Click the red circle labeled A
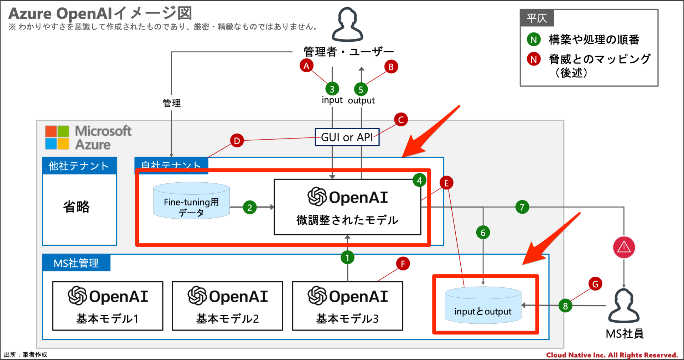pos(306,66)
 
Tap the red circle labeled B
pos(391,67)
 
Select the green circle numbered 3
pos(332,89)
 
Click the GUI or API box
pos(347,137)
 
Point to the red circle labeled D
pos(237,141)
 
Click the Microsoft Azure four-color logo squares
pos(57,137)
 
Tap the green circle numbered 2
pos(250,207)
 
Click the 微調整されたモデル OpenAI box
pos(347,207)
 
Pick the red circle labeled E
pos(446,183)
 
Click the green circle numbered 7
pos(522,207)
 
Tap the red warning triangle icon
pos(624,247)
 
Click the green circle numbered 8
pos(565,306)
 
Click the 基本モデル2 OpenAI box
pos(227,306)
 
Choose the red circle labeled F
pos(403,264)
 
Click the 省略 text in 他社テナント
pos(76,207)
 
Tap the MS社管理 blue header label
pos(76,263)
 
